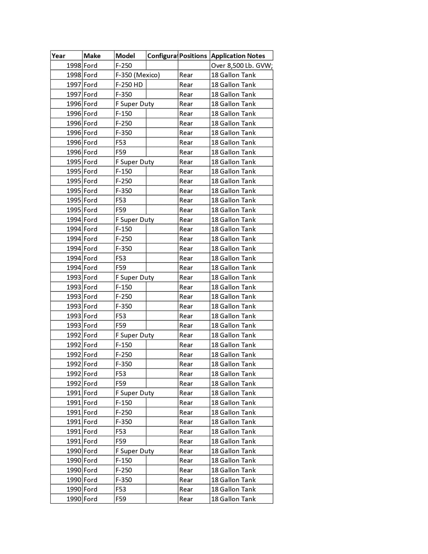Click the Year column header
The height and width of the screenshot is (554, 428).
click(x=58, y=56)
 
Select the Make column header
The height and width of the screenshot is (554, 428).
click(x=92, y=56)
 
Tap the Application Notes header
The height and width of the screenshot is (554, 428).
click(x=238, y=56)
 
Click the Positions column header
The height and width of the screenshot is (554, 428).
click(x=193, y=56)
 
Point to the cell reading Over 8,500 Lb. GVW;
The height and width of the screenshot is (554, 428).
click(x=241, y=65)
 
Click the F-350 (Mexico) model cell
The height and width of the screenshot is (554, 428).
click(x=138, y=75)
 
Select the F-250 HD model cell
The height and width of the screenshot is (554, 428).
click(x=129, y=85)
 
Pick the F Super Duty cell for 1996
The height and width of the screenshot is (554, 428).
click(x=135, y=104)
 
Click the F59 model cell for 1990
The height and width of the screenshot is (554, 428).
click(x=121, y=499)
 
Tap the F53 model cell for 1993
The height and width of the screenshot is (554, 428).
click(x=121, y=316)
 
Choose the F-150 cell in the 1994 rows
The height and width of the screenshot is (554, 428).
click(x=123, y=229)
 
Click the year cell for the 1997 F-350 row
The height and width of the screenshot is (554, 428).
click(x=74, y=94)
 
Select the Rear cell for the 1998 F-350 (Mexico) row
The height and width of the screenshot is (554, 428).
click(x=186, y=75)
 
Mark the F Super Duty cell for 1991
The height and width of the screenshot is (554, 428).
click(x=135, y=393)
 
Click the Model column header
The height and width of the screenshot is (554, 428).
click(x=125, y=56)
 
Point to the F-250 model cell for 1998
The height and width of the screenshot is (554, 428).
click(x=123, y=65)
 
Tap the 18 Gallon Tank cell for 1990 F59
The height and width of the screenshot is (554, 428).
click(x=233, y=499)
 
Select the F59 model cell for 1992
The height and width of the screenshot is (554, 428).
click(x=121, y=383)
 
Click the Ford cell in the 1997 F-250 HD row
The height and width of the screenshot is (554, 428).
click(x=90, y=85)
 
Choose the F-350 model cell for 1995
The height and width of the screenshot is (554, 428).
click(x=123, y=190)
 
